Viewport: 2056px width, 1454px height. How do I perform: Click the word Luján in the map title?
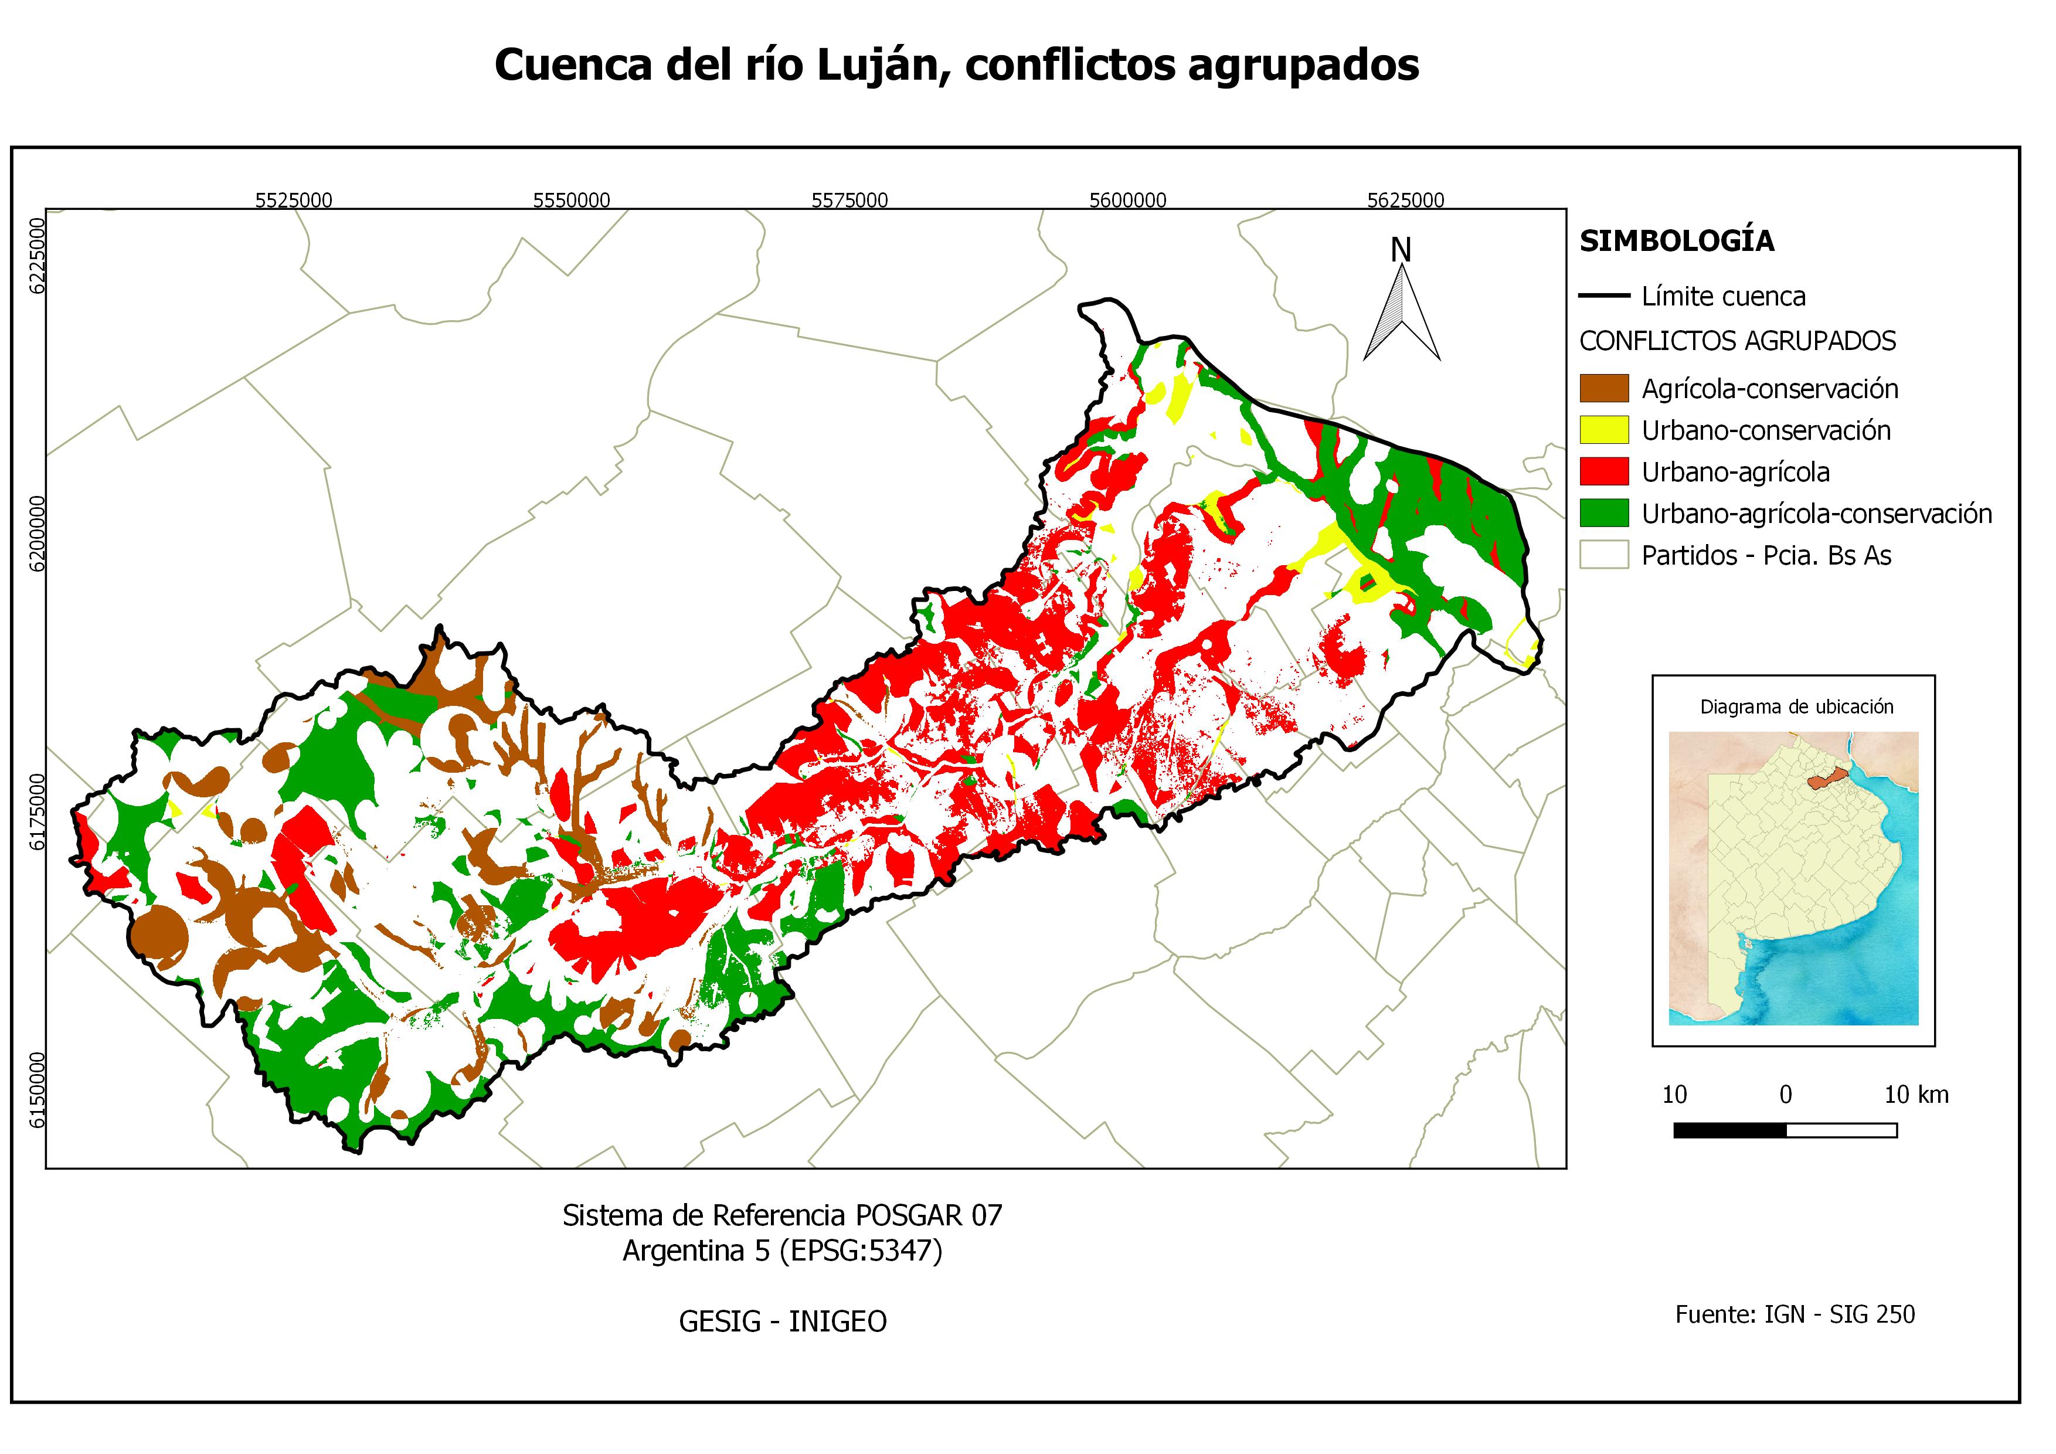coord(882,65)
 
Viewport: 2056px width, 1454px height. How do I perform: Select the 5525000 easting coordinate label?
coord(294,200)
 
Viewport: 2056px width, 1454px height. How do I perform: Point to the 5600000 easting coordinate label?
coord(1127,200)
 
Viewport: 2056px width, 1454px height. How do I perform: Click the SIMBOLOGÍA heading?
coord(1676,241)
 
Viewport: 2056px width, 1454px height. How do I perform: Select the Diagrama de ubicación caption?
coord(1796,706)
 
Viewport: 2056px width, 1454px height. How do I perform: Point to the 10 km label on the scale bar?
coord(1916,1094)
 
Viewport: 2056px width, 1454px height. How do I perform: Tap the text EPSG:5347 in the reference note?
coord(861,1250)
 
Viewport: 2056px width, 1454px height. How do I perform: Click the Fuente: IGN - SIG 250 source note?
coord(1795,1314)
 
